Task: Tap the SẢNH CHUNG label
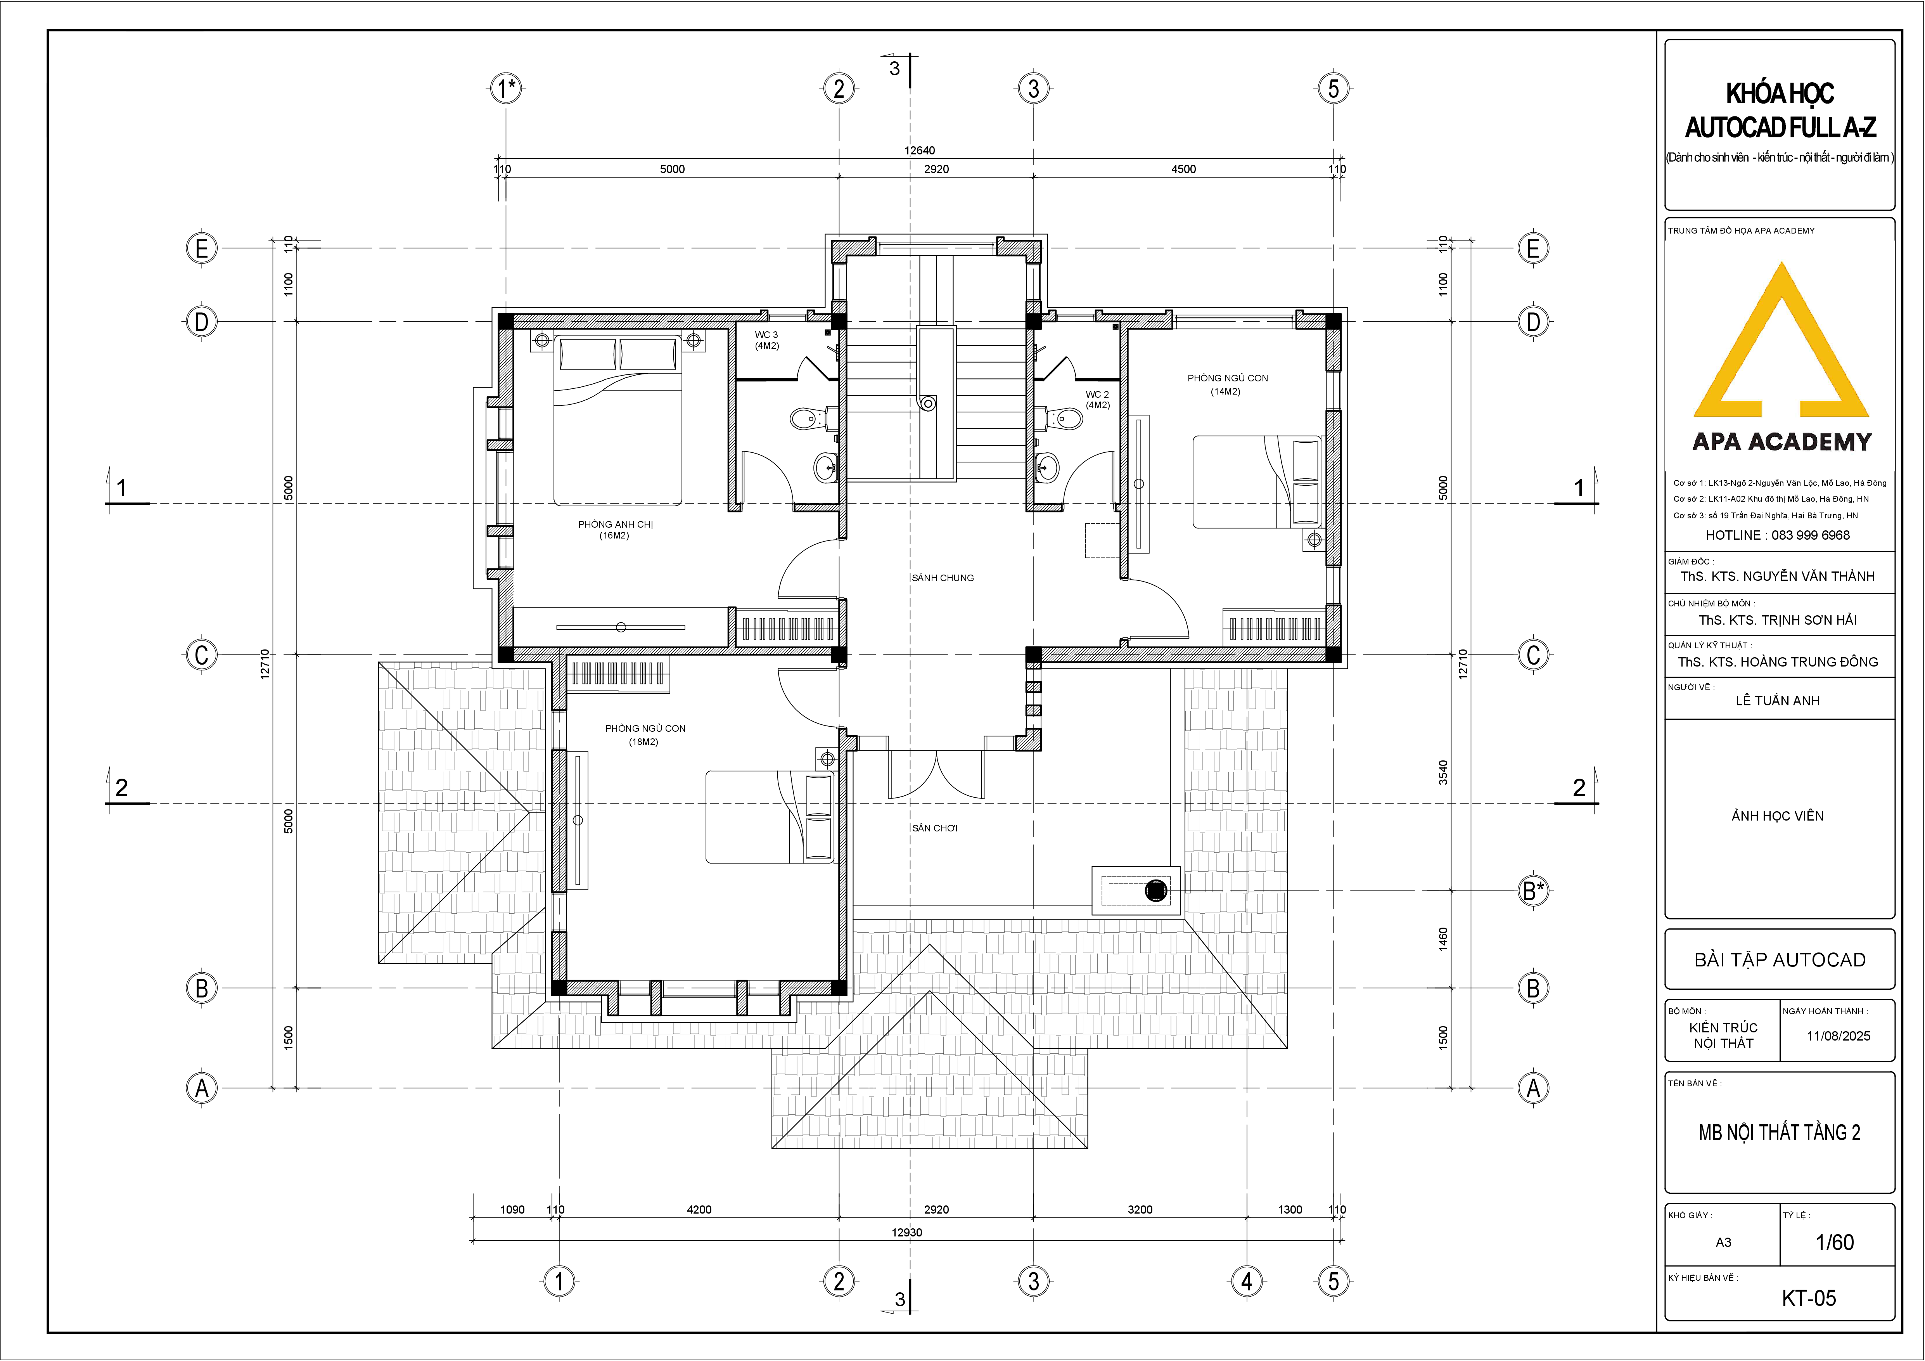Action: pos(943,578)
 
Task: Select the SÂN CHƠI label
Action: pos(935,828)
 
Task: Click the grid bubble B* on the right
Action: pos(1534,890)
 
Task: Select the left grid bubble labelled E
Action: pos(201,248)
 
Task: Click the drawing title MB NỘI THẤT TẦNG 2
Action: pos(1779,1133)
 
